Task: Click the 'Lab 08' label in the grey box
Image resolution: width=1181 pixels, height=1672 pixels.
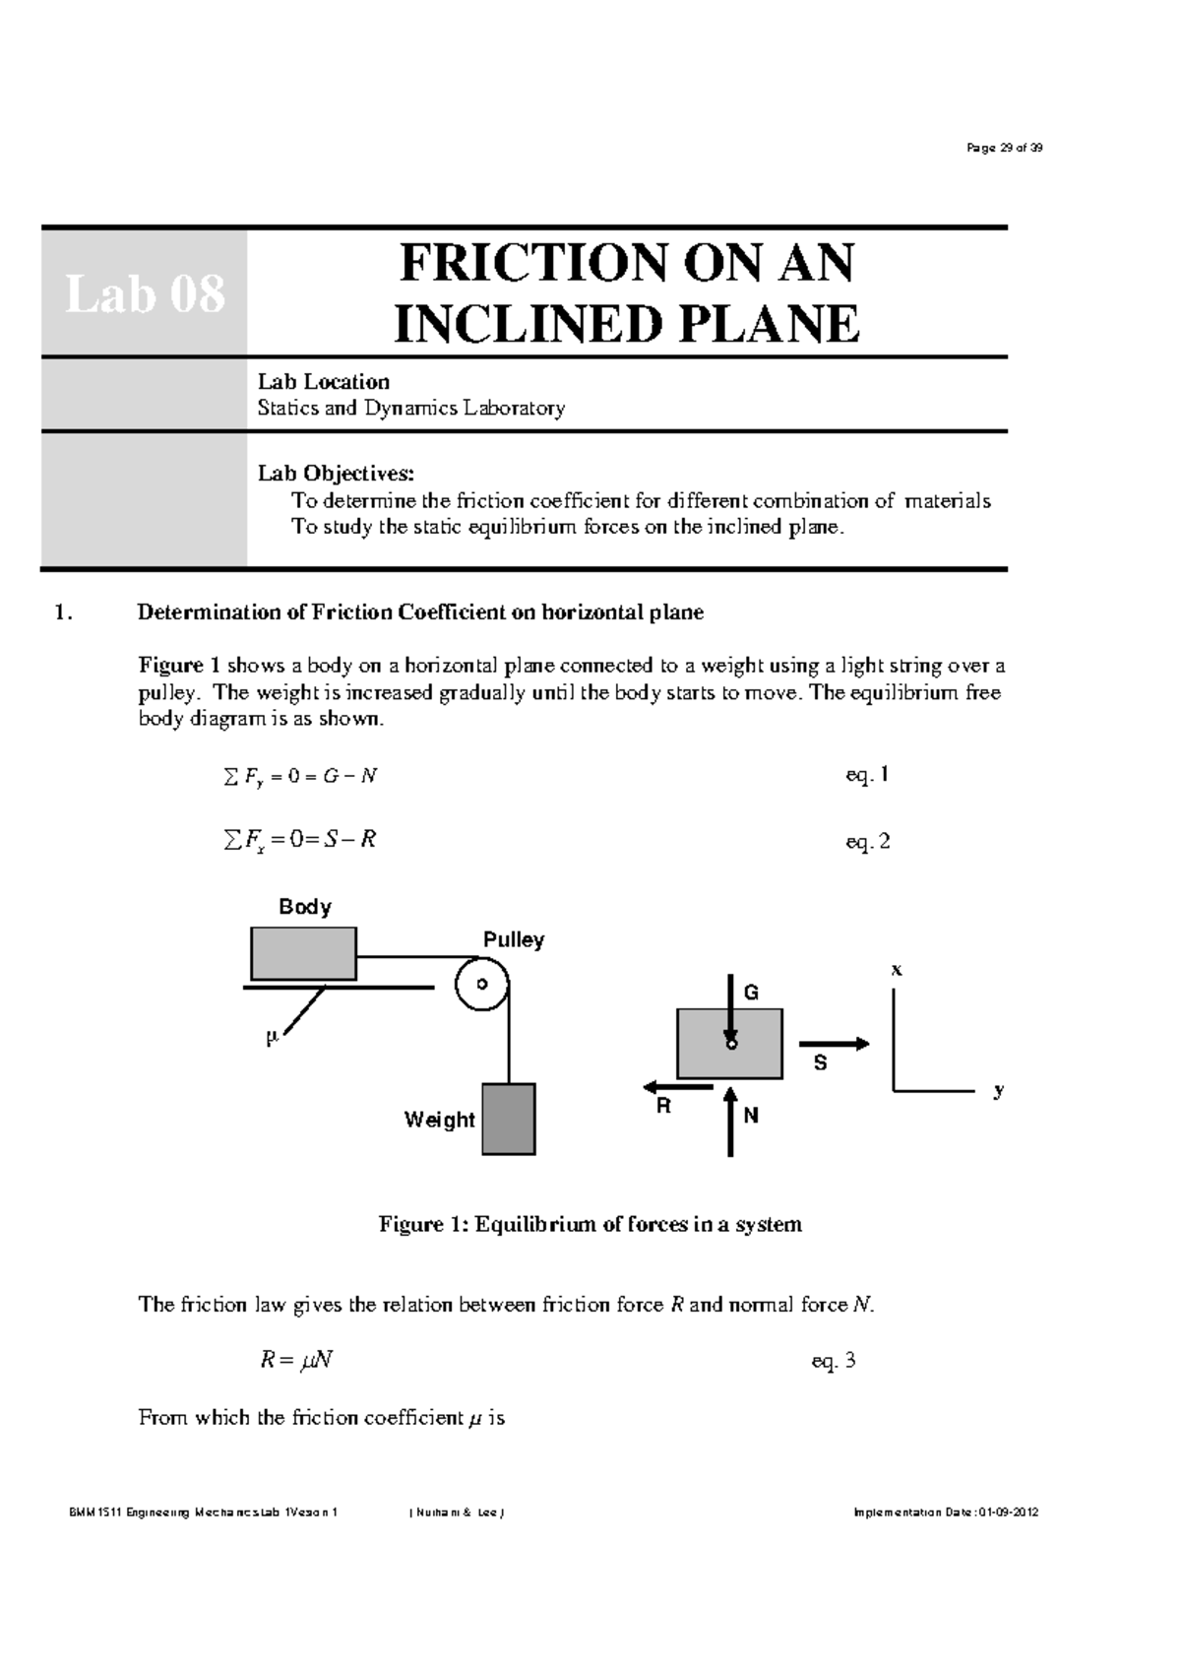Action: [x=145, y=293]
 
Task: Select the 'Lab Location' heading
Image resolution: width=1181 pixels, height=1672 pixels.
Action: [x=323, y=382]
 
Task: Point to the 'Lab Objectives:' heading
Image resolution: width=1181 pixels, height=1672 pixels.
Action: [x=337, y=474]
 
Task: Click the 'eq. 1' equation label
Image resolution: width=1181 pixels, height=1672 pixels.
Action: [x=867, y=775]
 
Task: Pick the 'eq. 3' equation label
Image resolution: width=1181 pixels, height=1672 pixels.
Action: [x=834, y=1361]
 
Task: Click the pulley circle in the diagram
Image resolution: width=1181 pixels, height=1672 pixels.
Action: [x=481, y=984]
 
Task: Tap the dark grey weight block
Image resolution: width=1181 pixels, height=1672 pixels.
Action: [x=509, y=1119]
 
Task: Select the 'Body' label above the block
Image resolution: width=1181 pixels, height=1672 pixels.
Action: [x=305, y=907]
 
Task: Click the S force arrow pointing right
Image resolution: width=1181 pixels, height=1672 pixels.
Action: [x=834, y=1044]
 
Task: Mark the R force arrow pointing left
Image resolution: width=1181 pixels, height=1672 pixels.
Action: [x=678, y=1087]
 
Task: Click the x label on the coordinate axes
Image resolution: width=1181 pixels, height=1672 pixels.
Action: [x=896, y=970]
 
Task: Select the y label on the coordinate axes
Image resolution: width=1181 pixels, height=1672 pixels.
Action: [x=999, y=1090]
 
